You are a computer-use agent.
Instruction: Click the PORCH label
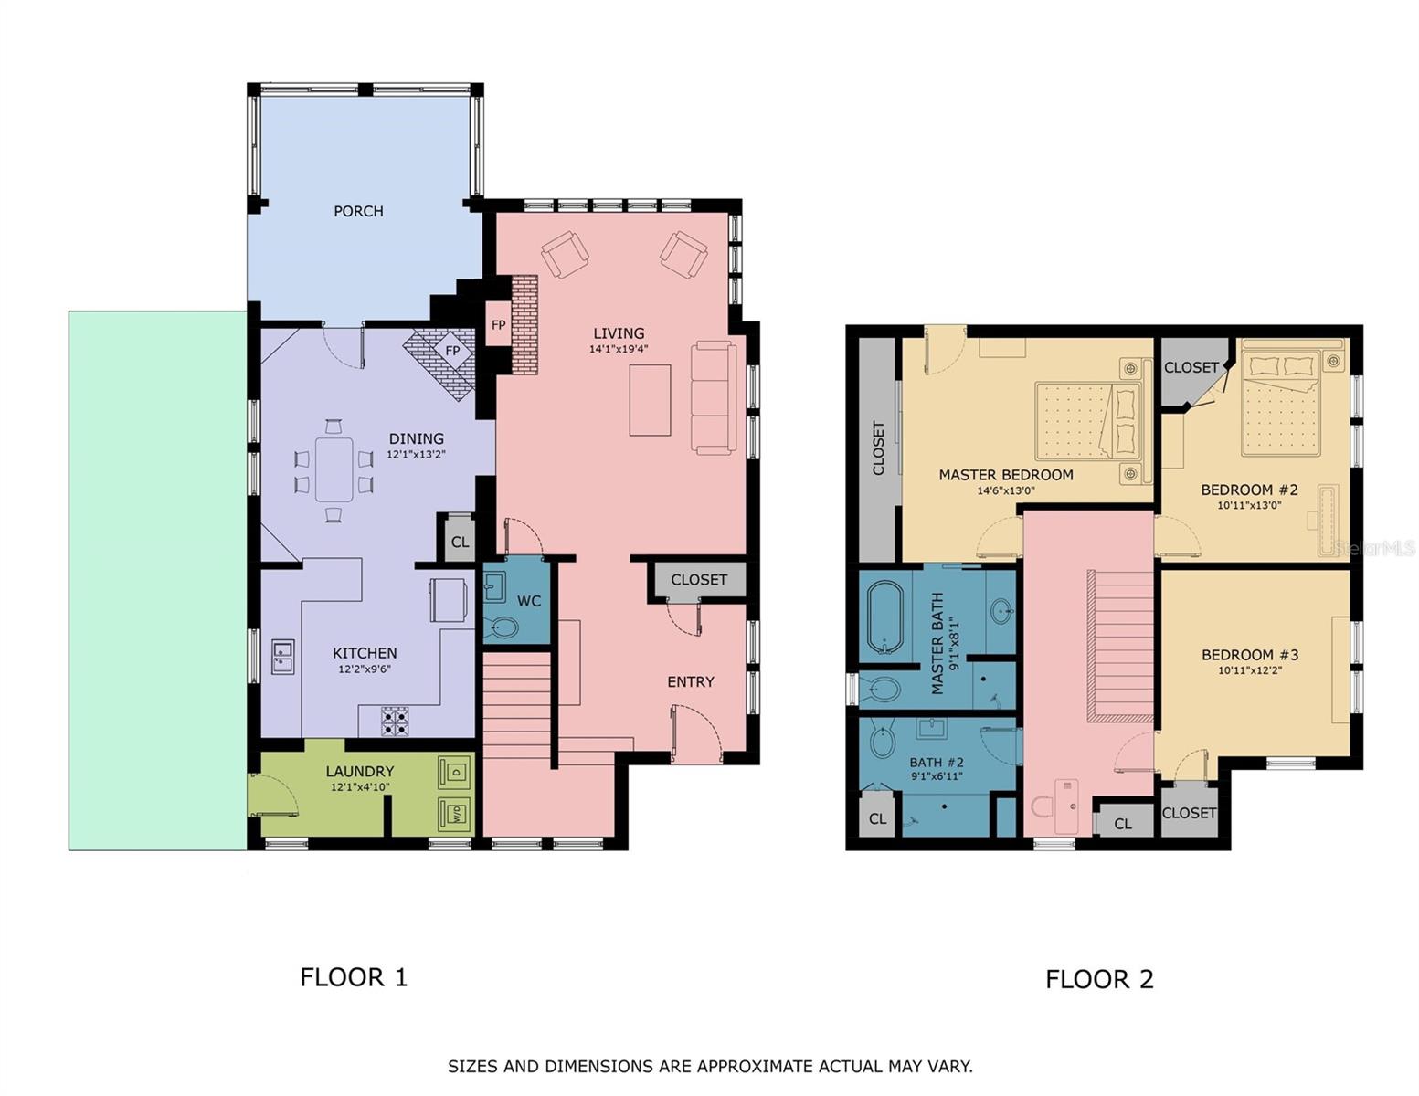coord(358,211)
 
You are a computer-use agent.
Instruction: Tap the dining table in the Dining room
coord(334,469)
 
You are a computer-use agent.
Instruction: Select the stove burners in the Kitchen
coord(396,722)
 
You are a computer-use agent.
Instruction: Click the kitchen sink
coord(282,658)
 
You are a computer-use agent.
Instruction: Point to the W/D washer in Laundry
coord(454,811)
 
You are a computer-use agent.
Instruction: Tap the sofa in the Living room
coord(714,397)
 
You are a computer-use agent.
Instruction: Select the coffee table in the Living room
coord(650,400)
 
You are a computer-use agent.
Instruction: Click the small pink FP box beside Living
coord(498,324)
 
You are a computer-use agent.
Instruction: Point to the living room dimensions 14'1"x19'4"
coord(619,349)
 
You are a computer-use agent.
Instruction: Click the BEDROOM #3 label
coord(1249,655)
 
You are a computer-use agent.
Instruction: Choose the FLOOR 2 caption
coord(1099,979)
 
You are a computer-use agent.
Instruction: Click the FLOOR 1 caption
coord(354,977)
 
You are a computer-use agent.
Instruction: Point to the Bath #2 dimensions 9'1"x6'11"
coord(937,776)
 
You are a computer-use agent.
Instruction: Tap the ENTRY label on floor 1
coord(690,681)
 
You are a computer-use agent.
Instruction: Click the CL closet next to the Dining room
coord(460,542)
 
